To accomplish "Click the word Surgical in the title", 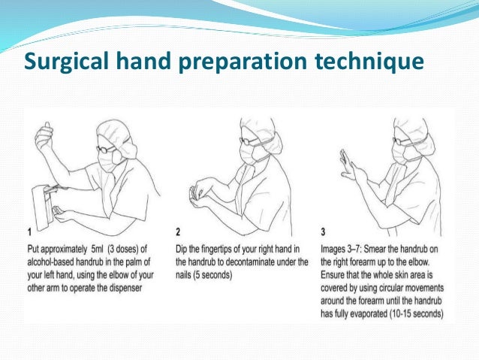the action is pyautogui.click(x=66, y=62).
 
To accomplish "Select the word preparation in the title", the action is pyautogui.click(x=243, y=62).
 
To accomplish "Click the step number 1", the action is pyautogui.click(x=29, y=232).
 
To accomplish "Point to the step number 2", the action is pyautogui.click(x=178, y=231).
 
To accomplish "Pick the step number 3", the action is pyautogui.click(x=323, y=231).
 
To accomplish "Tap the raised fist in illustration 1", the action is pyautogui.click(x=44, y=135).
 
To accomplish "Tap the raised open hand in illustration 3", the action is pyautogui.click(x=347, y=164).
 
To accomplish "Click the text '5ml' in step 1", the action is pyautogui.click(x=98, y=250).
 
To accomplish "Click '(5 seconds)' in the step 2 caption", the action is pyautogui.click(x=203, y=275).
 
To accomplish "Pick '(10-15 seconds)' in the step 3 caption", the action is pyautogui.click(x=417, y=314).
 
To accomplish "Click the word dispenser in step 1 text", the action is pyautogui.click(x=125, y=288).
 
